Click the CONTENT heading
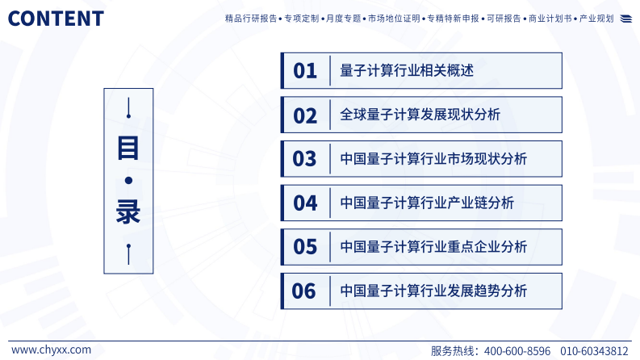(56, 19)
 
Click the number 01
(305, 71)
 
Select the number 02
(305, 115)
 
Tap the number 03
(305, 159)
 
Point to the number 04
(305, 203)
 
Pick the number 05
(305, 247)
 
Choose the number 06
(304, 291)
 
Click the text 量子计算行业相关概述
(407, 71)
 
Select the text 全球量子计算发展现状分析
(420, 115)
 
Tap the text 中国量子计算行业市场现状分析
(433, 159)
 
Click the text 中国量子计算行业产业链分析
(427, 203)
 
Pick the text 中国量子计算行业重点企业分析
(433, 247)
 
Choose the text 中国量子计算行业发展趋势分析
(433, 291)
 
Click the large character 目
(128, 148)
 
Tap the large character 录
(128, 211)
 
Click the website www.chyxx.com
(51, 350)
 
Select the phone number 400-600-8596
(517, 351)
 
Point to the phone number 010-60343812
(594, 351)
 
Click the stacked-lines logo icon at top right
(626, 19)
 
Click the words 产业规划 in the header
(597, 19)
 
